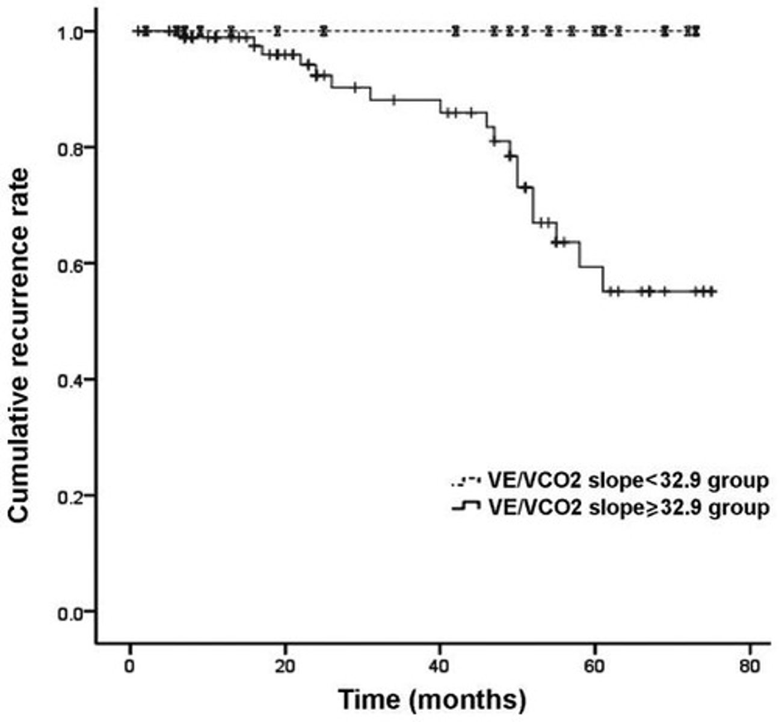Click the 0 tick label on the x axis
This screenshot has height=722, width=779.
[x=130, y=666]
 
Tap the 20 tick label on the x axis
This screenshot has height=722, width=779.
[x=285, y=666]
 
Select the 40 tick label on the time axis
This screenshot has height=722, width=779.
[x=440, y=666]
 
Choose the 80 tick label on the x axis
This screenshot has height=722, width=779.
[x=750, y=666]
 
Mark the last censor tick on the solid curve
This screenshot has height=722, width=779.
[x=712, y=292]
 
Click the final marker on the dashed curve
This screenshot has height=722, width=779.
[x=696, y=31]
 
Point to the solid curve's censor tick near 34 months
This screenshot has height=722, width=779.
[x=393, y=100]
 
